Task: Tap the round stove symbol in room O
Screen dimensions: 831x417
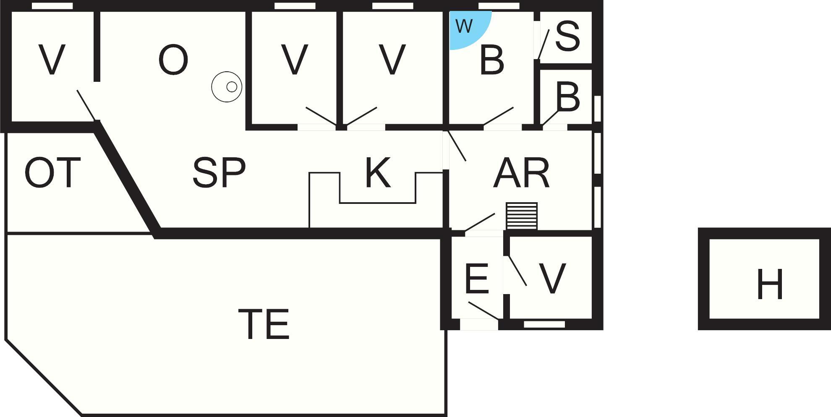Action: tap(227, 87)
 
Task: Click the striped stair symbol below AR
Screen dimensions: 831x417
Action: tap(522, 216)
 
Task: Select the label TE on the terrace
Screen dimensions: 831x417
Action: tap(264, 323)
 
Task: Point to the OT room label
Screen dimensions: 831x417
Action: tap(52, 172)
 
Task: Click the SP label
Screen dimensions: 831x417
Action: tap(219, 172)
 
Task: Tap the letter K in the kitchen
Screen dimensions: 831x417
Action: tap(378, 172)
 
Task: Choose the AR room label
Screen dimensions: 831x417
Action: tap(521, 172)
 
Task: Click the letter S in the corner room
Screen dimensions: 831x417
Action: tap(567, 36)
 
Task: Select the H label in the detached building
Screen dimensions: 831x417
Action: tap(770, 284)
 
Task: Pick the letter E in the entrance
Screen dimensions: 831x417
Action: tap(477, 278)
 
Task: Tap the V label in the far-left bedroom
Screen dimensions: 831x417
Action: tap(52, 60)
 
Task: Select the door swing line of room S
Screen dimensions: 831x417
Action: tap(544, 44)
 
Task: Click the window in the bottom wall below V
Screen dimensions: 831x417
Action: tap(544, 324)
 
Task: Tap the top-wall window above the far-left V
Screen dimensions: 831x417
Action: tap(52, 6)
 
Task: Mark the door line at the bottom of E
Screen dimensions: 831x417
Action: tap(484, 311)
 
